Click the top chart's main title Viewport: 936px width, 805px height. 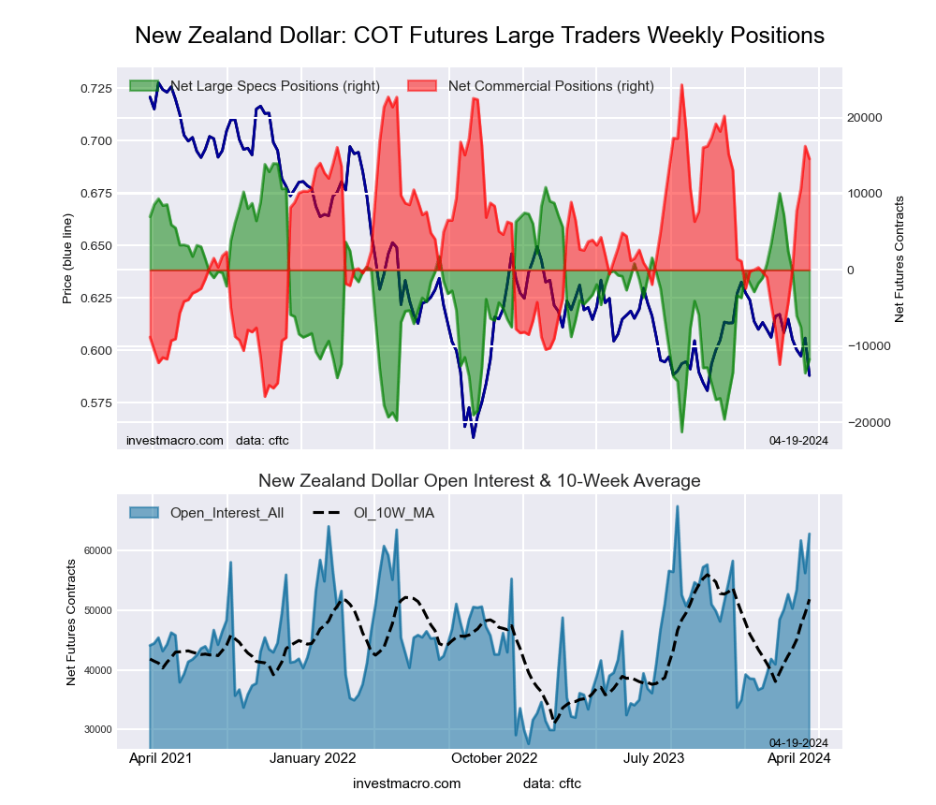click(479, 36)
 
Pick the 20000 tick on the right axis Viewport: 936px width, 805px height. click(865, 118)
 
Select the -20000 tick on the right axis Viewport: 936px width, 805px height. click(863, 422)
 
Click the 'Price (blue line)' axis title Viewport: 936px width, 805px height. click(67, 258)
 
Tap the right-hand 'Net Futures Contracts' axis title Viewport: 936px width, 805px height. click(899, 258)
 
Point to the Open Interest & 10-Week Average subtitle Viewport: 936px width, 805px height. click(479, 481)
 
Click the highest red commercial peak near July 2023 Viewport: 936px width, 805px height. click(681, 85)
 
